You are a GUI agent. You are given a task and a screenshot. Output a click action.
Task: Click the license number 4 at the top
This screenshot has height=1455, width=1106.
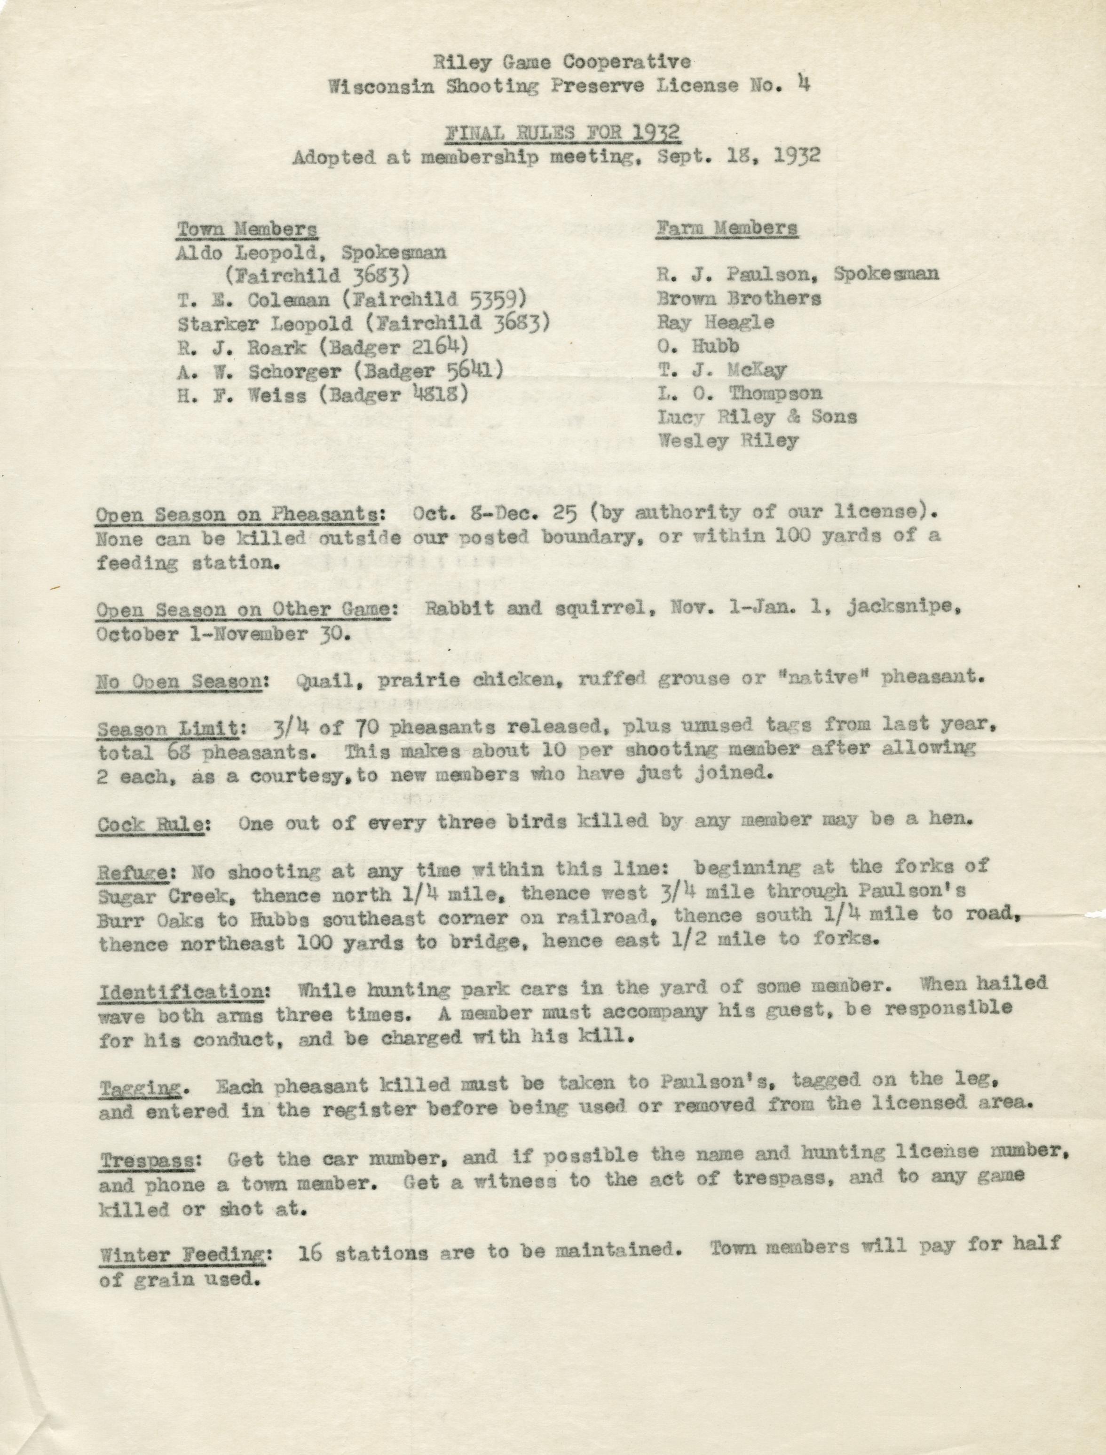pos(803,84)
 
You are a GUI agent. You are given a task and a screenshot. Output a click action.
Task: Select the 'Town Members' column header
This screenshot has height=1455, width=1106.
pos(246,229)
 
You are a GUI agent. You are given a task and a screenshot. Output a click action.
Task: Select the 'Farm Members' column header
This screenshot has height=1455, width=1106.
pos(727,228)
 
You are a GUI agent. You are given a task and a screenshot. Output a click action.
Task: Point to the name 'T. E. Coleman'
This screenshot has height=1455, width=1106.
pos(253,300)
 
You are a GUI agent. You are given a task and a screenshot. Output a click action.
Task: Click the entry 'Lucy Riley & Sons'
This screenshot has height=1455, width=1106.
pos(757,417)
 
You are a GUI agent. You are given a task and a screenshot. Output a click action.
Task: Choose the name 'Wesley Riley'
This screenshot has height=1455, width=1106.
pos(728,441)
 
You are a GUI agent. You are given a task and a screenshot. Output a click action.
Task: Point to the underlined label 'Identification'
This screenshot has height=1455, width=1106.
pos(182,991)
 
